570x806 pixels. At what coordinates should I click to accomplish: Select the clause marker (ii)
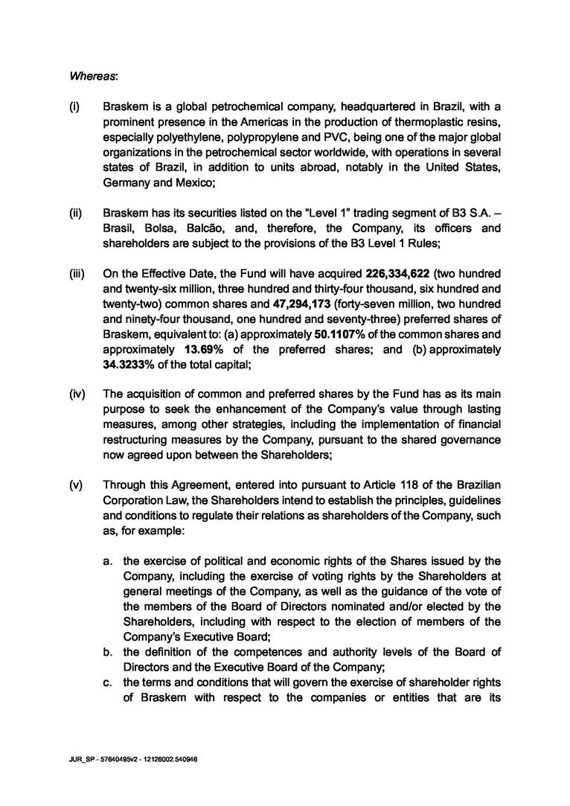[75, 212]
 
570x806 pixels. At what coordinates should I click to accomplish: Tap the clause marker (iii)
[76, 273]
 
